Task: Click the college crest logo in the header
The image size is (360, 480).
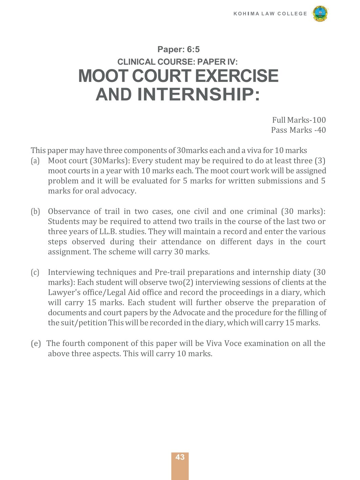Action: [320, 14]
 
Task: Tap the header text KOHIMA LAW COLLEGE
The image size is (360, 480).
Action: [270, 14]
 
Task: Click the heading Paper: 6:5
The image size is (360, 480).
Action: [178, 49]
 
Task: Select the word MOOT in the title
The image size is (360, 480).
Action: [103, 76]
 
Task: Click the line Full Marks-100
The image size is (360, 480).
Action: [299, 120]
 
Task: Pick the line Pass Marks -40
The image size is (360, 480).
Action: [298, 130]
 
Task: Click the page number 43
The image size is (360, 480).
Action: [180, 457]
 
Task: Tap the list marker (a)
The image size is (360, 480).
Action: [35, 161]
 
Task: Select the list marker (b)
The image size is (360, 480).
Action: [35, 212]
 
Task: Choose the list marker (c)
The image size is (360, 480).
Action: [35, 272]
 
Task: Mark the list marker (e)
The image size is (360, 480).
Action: [36, 344]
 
